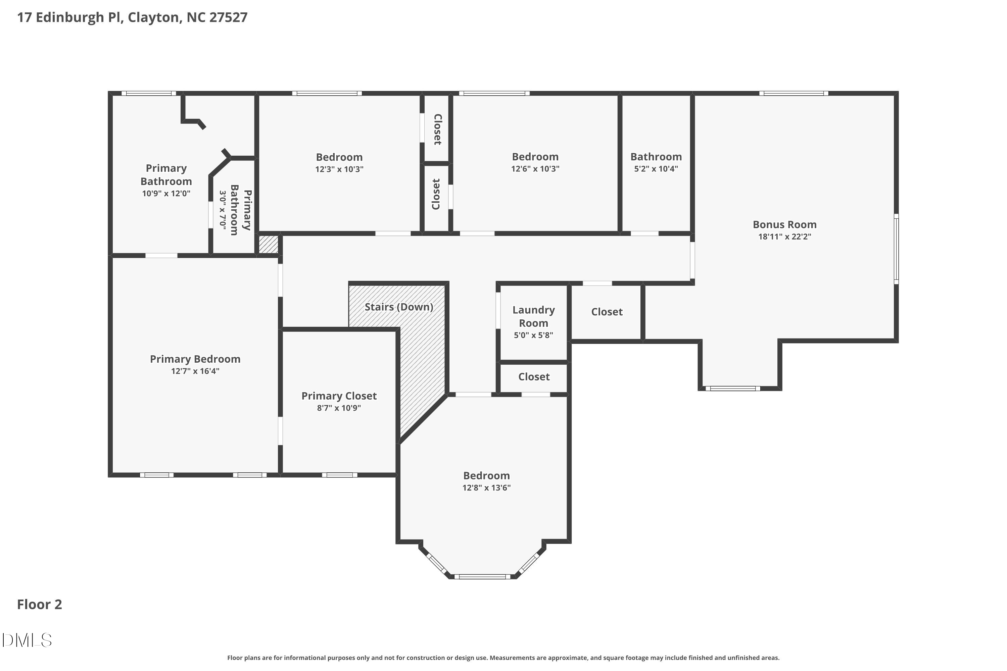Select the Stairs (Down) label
[399, 307]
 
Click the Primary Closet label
[339, 396]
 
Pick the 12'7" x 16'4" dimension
[195, 371]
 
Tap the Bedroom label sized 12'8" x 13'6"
[486, 475]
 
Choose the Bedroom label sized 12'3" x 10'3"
[339, 157]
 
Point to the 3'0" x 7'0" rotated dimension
[223, 210]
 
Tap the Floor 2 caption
[39, 604]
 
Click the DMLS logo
[27, 640]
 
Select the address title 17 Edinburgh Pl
[70, 17]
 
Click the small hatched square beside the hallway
[269, 244]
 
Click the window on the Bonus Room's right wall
[896, 249]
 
